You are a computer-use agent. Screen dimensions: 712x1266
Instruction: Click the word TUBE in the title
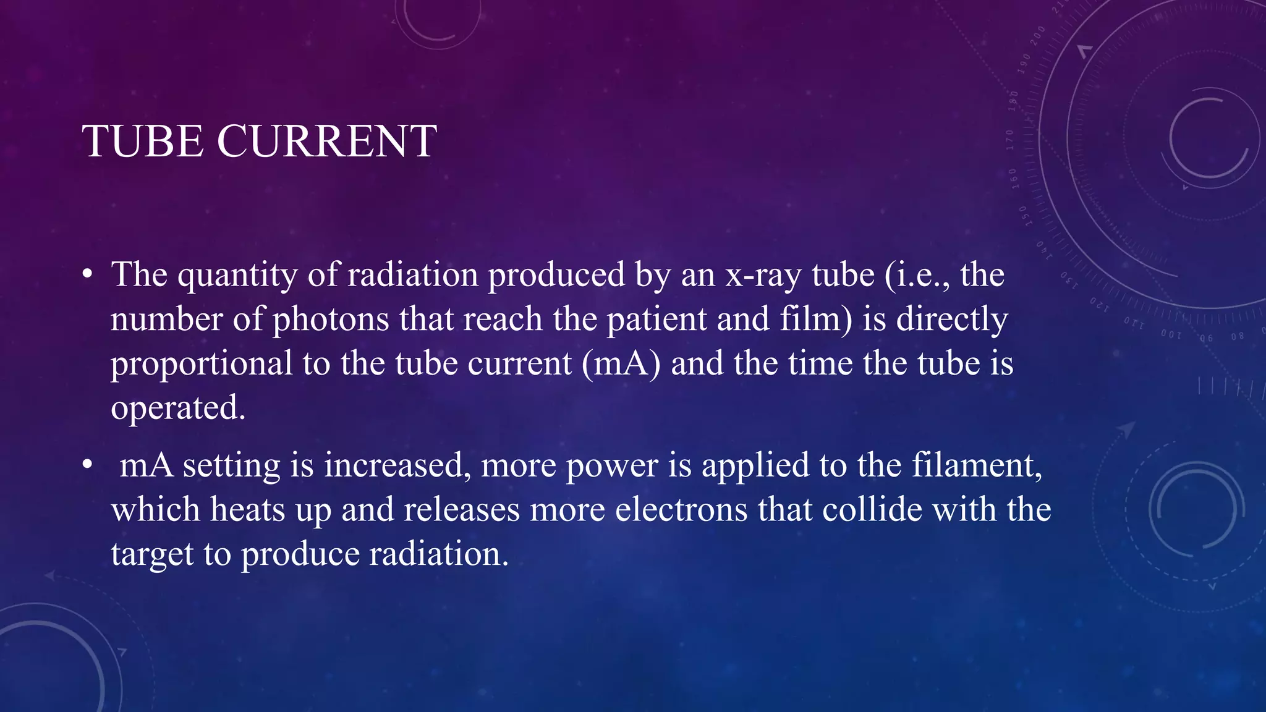coord(143,142)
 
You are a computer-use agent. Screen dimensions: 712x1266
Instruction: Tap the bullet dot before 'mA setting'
coord(88,464)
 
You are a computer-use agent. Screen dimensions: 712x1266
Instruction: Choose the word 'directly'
coord(952,320)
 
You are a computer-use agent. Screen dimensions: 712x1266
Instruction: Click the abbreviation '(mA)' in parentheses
coord(621,363)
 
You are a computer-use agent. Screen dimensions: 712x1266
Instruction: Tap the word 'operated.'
coord(178,409)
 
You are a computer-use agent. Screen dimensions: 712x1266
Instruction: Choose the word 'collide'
coord(872,510)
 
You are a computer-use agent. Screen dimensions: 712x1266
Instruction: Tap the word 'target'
coord(152,554)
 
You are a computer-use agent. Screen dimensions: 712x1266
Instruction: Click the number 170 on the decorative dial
coord(1010,140)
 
